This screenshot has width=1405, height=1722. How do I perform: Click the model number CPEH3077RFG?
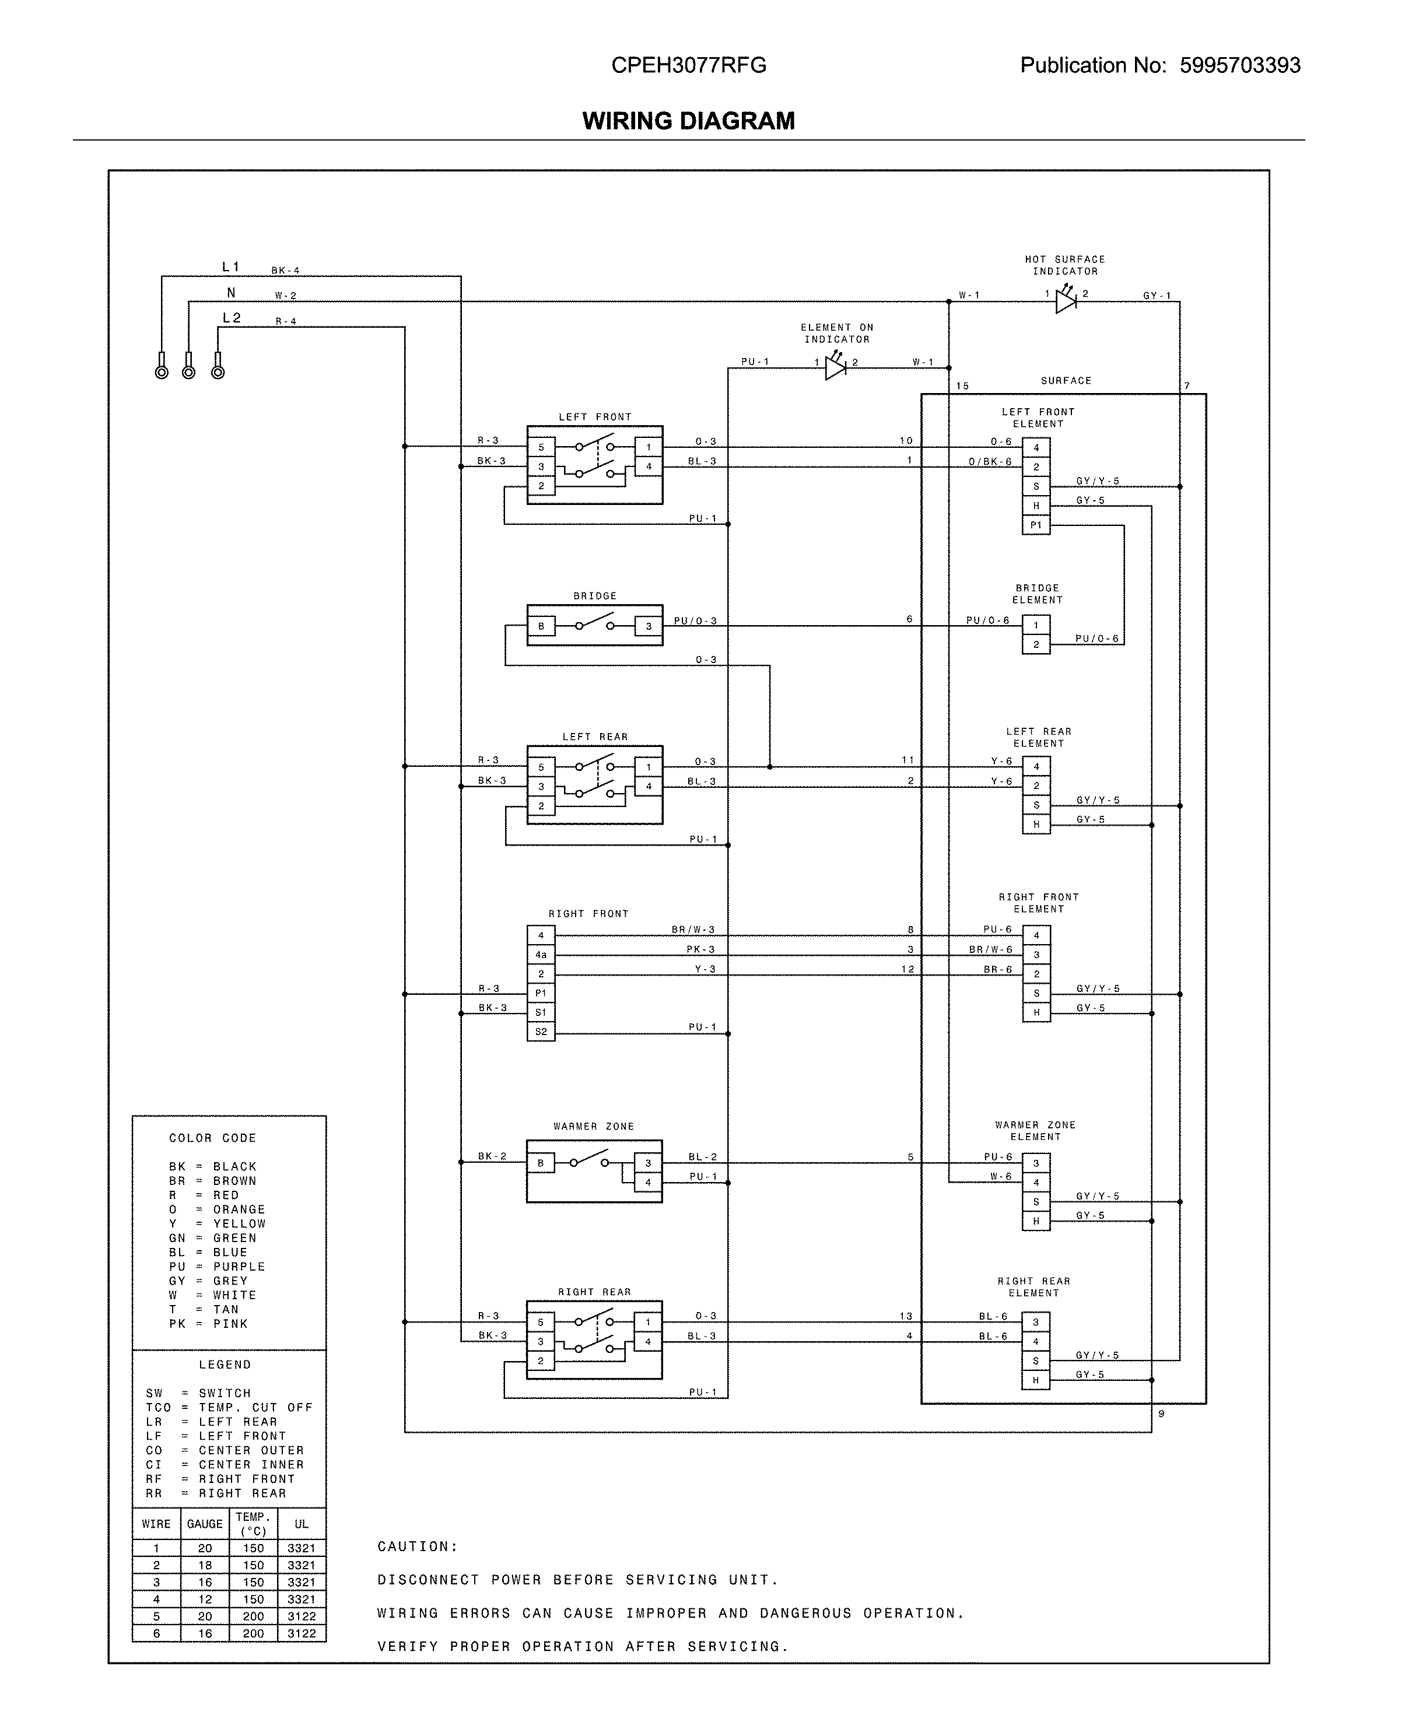coord(688,65)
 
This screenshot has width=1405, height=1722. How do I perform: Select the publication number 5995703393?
coord(1239,65)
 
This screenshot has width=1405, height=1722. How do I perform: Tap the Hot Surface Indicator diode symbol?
coord(1065,301)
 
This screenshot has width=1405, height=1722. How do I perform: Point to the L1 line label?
coord(230,267)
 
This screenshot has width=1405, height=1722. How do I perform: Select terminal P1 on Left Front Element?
coord(1036,525)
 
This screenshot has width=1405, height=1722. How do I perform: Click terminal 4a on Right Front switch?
coord(541,955)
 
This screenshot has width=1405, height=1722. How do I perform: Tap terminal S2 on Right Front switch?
coord(541,1032)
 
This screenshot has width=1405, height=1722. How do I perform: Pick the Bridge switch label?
coord(595,595)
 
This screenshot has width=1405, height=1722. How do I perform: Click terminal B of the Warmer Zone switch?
coord(541,1163)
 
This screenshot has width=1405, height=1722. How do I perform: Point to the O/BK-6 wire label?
coord(990,462)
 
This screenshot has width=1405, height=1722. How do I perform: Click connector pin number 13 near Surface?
coord(906,1316)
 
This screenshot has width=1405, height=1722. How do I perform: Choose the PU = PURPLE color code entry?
coord(217,1267)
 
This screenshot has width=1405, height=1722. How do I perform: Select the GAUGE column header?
coord(204,1524)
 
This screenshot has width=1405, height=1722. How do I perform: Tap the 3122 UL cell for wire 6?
coord(301,1633)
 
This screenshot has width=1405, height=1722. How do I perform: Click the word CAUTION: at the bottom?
coord(418,1546)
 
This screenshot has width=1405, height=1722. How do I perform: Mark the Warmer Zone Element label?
coord(1035,1131)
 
